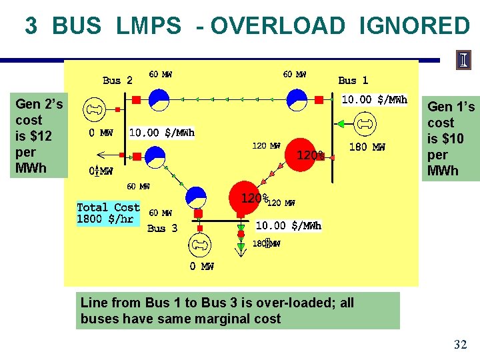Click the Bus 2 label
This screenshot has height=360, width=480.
117,80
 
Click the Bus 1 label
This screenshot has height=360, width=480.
353,80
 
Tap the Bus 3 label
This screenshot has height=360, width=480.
162,228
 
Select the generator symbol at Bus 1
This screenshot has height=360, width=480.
365,123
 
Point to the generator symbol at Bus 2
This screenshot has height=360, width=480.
95,109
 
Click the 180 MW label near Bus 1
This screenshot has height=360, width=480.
367,147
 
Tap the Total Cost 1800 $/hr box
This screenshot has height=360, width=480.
108,213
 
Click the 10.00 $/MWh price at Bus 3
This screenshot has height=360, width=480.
289,225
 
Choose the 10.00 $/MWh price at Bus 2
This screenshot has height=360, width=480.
161,133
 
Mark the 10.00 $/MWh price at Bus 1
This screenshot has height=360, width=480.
374,100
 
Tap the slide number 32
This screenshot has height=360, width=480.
460,345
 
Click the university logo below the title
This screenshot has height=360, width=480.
463,60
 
